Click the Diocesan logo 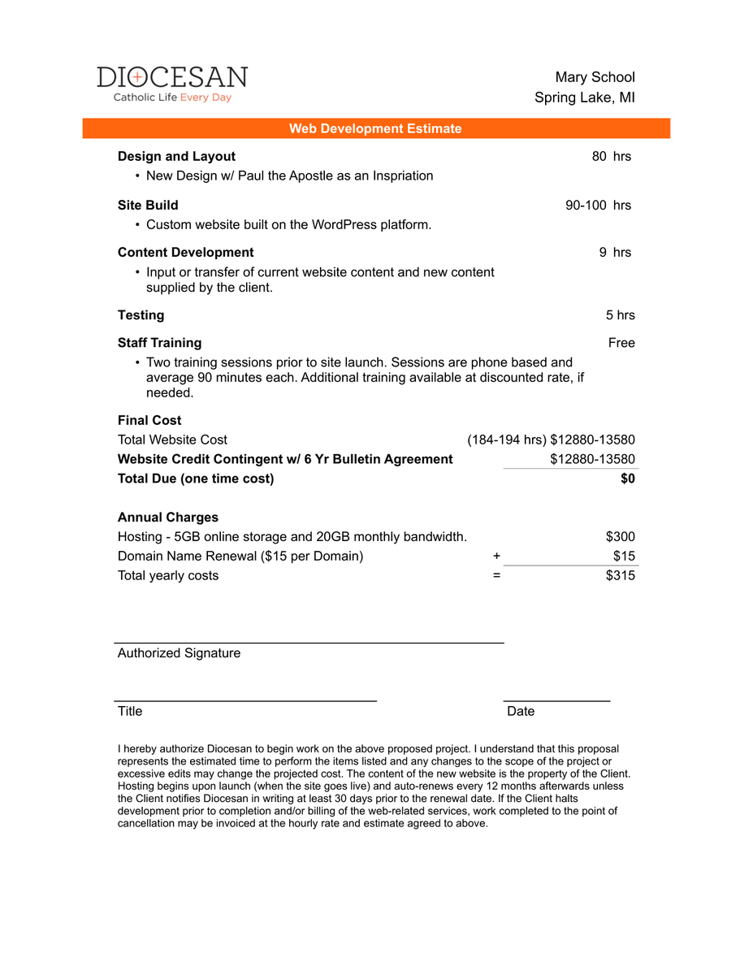click(x=172, y=84)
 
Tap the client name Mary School click(x=595, y=77)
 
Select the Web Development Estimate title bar click(x=375, y=128)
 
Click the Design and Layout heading click(x=176, y=156)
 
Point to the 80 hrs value click(x=611, y=156)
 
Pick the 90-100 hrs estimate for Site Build click(x=598, y=205)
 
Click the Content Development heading click(x=185, y=252)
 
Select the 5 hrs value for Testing click(x=620, y=314)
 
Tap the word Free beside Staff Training click(x=621, y=342)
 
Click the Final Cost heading click(x=149, y=420)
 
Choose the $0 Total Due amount click(x=627, y=479)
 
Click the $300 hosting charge click(x=620, y=536)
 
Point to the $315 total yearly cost click(x=620, y=575)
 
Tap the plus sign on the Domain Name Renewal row click(x=496, y=557)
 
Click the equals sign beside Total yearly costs click(x=496, y=575)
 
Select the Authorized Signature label click(x=179, y=652)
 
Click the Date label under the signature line click(x=521, y=711)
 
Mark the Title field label click(x=130, y=711)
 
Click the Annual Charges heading click(x=167, y=517)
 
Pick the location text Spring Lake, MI click(x=584, y=97)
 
